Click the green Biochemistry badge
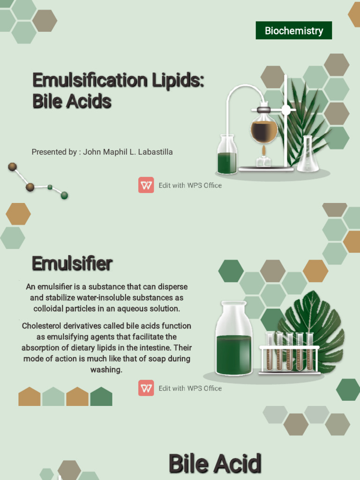pos(293,30)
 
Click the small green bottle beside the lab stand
pos(227,156)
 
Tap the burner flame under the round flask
pos(264,151)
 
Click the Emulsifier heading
pos(72,263)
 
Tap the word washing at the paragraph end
pos(106,370)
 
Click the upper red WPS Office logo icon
pos(146,185)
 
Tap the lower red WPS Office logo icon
pos(146,388)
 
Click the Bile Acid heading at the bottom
pos(214,464)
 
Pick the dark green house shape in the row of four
pos(101,397)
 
